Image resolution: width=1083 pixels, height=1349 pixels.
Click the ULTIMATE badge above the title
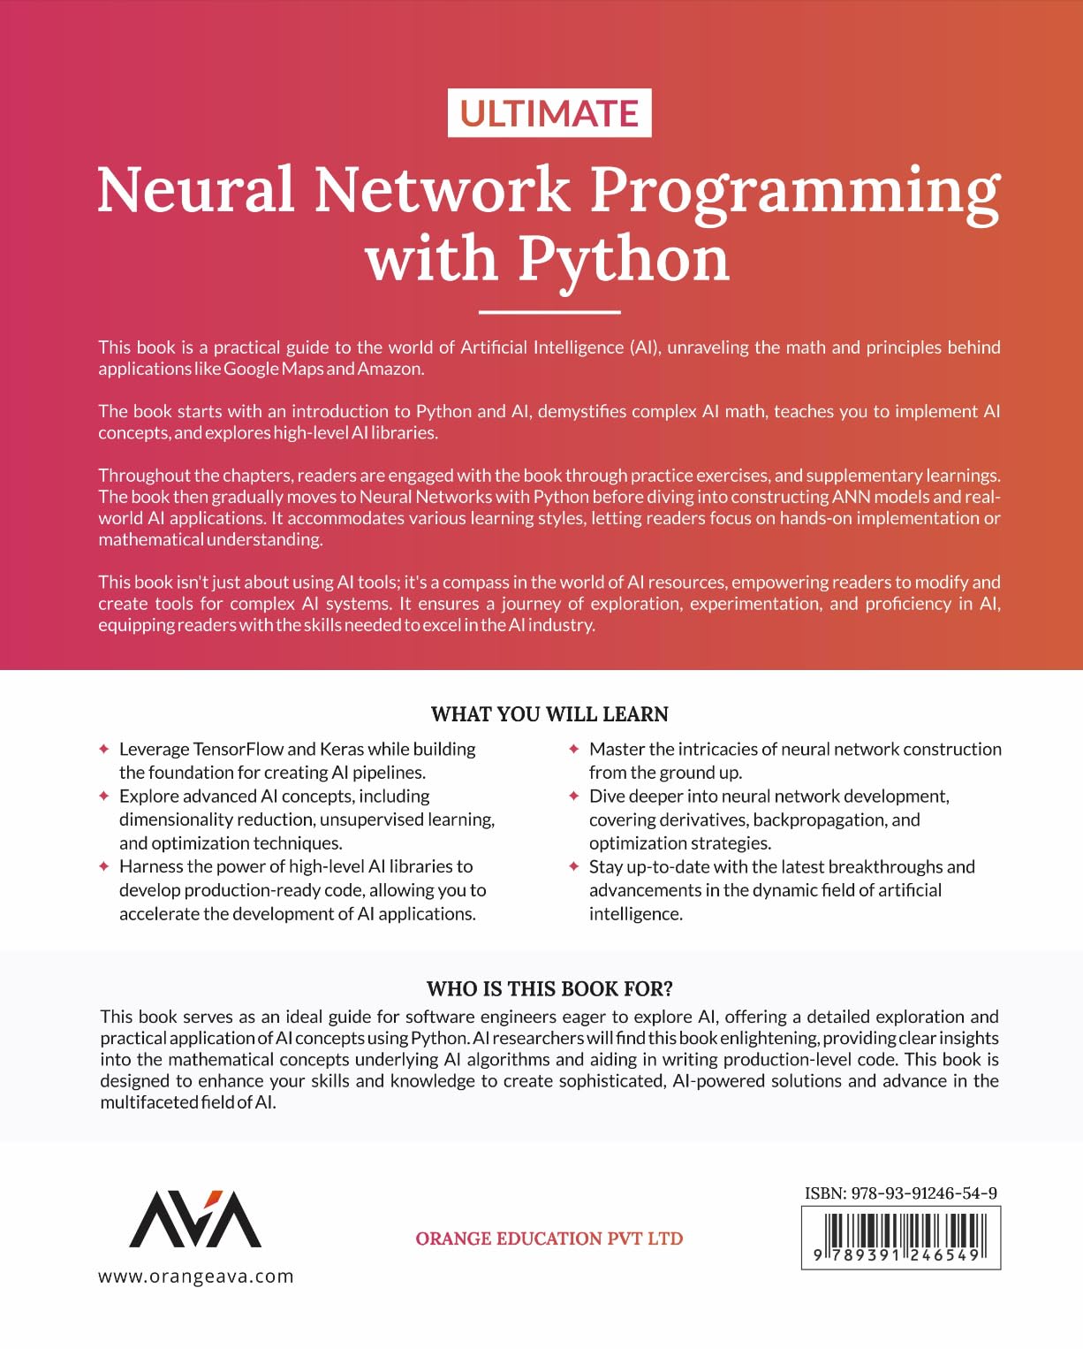coord(549,113)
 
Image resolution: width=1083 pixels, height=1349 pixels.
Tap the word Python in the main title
coord(625,260)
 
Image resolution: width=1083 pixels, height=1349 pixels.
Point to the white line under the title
coord(549,311)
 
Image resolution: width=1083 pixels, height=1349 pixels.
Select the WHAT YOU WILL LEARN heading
coord(549,714)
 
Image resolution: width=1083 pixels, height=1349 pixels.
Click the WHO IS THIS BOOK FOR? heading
coord(549,988)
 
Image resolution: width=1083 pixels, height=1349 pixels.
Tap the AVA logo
coord(195,1219)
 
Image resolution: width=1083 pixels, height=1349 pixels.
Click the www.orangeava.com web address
coord(195,1277)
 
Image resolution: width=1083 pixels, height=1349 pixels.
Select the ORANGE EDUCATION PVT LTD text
coord(549,1238)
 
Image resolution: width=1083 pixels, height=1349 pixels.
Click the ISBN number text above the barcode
coord(901,1193)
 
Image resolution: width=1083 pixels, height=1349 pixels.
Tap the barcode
coord(901,1238)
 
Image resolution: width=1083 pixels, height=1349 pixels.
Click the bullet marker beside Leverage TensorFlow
coord(104,749)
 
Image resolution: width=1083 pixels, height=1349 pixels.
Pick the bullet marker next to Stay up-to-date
coord(574,866)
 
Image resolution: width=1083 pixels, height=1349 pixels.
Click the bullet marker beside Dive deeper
coord(574,796)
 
